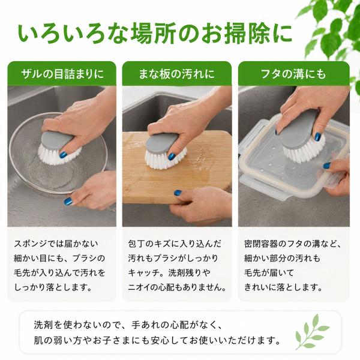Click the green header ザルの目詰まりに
pos(62,74)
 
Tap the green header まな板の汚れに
pos(177,74)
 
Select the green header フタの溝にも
pos(294,74)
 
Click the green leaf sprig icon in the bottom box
pos(312,331)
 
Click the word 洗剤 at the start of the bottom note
pos(43,325)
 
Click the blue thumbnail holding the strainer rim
pos(68,202)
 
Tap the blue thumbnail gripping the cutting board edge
pos(178,193)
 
